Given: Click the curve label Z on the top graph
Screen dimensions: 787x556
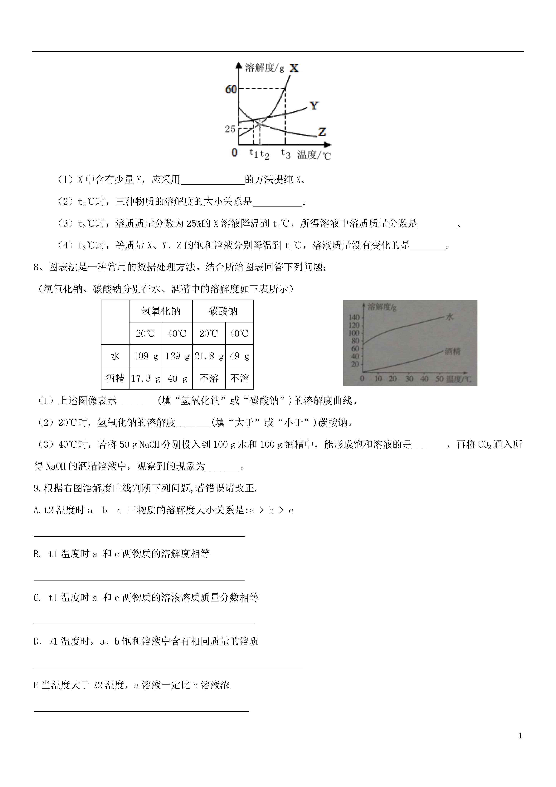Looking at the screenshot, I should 322,132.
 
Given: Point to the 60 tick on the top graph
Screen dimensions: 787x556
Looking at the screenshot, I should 231,89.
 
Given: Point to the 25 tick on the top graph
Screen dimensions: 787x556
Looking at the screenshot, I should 230,129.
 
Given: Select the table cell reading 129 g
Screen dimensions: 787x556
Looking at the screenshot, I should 177,356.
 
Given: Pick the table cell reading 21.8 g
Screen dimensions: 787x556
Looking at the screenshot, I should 209,356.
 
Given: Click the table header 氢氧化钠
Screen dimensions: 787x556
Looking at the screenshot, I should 161,311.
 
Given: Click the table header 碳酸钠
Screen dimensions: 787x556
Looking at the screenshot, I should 223,311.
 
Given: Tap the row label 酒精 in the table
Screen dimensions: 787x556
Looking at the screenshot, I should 115,378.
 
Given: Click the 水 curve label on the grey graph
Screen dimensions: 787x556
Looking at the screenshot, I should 449,317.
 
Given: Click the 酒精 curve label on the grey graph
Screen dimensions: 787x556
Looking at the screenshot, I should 452,351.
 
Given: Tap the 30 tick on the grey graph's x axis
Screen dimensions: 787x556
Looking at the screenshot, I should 409,379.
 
